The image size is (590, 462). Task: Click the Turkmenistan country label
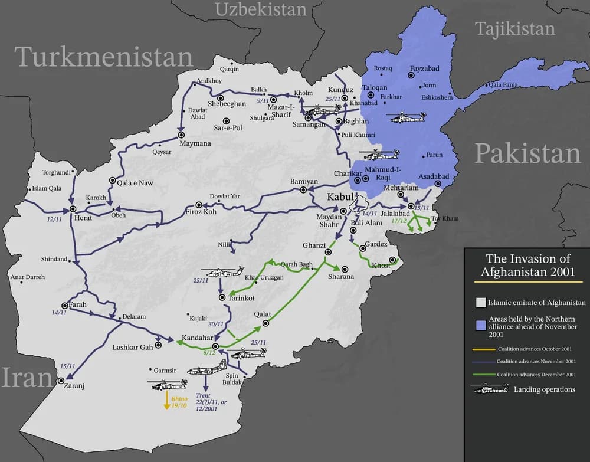click(104, 57)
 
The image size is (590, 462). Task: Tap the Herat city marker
click(73, 209)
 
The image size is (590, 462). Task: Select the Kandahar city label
click(198, 338)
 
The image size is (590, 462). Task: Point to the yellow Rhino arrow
click(168, 401)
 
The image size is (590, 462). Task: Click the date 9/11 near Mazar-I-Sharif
click(263, 101)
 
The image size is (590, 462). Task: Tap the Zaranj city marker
click(60, 381)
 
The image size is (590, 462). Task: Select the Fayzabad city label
click(425, 68)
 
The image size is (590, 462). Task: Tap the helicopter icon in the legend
click(489, 389)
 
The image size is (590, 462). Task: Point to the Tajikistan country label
click(515, 29)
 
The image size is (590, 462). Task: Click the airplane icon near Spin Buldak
click(207, 370)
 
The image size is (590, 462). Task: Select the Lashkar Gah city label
click(133, 347)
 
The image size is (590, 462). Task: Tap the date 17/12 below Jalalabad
click(399, 221)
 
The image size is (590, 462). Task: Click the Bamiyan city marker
click(303, 189)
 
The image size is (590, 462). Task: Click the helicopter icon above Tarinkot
click(222, 273)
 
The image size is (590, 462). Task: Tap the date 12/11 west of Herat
click(54, 219)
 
